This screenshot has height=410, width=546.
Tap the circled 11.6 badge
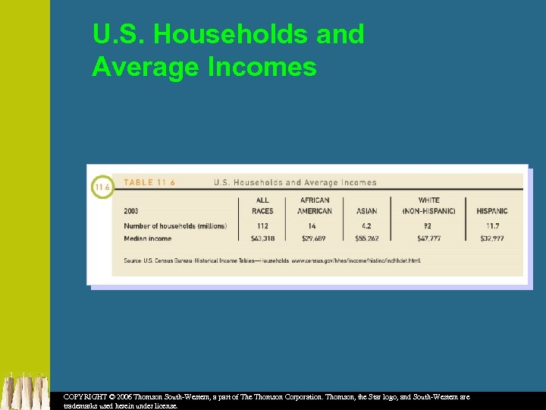click(102, 187)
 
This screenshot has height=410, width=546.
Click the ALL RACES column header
click(262, 206)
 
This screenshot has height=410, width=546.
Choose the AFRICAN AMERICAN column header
click(315, 206)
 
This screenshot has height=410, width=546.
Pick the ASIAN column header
click(366, 211)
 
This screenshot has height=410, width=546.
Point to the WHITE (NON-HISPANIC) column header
click(428, 206)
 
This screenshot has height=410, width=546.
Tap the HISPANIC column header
click(491, 211)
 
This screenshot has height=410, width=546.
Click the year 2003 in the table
click(131, 211)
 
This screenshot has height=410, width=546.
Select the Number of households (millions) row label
click(174, 225)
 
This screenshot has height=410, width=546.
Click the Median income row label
click(147, 238)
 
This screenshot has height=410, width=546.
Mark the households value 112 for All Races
click(262, 225)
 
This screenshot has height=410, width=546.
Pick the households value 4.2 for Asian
click(366, 225)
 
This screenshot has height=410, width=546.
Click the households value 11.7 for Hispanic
click(491, 225)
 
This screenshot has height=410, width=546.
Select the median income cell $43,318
click(262, 238)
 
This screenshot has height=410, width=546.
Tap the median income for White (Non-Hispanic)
click(428, 238)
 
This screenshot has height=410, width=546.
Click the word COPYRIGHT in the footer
click(85, 397)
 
